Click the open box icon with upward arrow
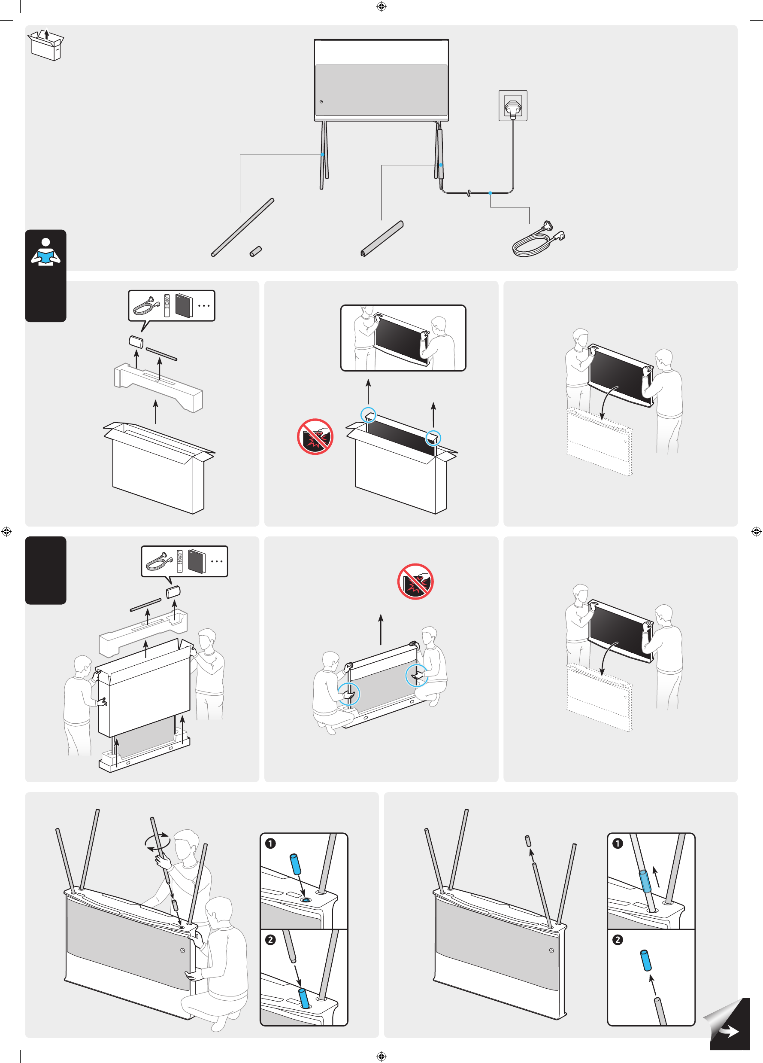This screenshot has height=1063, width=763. [x=46, y=45]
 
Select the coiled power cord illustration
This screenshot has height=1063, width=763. [x=538, y=241]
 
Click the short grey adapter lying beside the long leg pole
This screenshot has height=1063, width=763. [x=255, y=251]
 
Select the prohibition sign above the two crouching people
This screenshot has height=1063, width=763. [x=415, y=581]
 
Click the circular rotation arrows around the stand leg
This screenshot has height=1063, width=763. [x=157, y=841]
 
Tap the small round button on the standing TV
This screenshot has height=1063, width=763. [x=321, y=102]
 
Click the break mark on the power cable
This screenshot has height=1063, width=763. [x=468, y=193]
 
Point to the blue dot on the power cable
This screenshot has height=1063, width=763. [x=490, y=193]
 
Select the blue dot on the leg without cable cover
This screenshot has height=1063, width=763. [x=323, y=154]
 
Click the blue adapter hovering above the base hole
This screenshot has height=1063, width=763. [x=296, y=864]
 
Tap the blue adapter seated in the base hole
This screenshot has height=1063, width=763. [x=304, y=998]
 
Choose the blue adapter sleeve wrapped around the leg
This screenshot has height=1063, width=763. [x=645, y=881]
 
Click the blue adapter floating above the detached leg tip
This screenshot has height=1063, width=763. [x=645, y=960]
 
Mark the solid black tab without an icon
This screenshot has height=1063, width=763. [x=45, y=570]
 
